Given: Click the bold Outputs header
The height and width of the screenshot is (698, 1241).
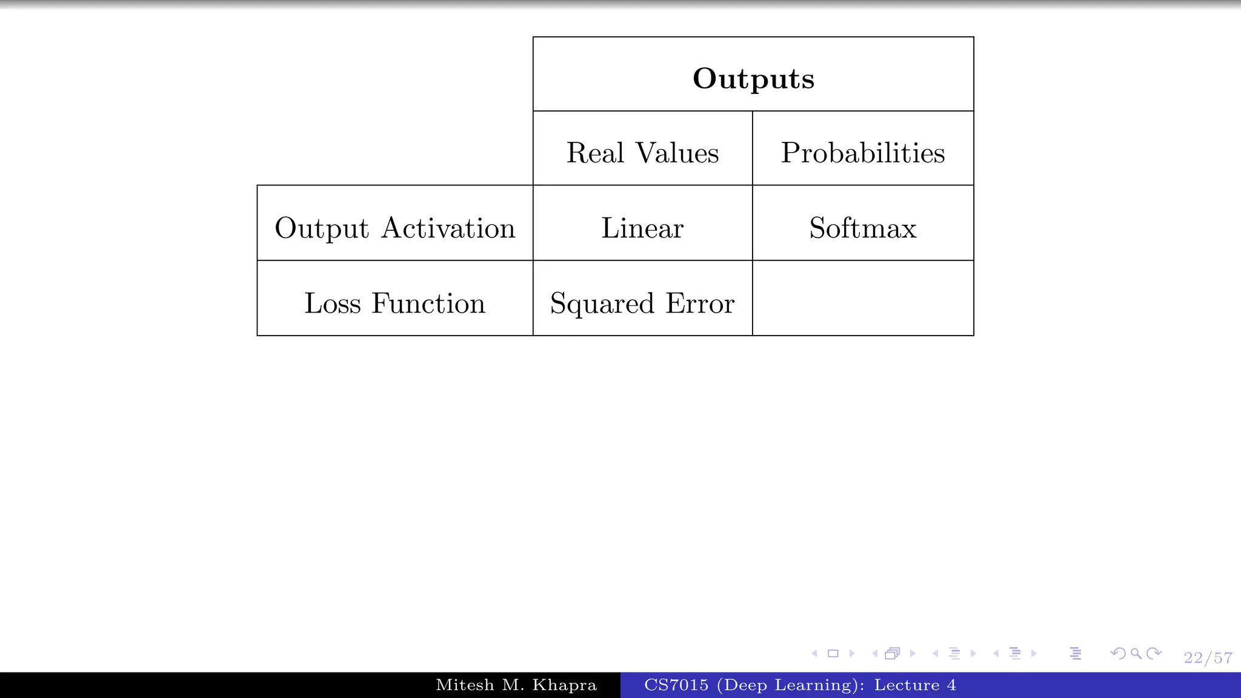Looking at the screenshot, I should pos(753,78).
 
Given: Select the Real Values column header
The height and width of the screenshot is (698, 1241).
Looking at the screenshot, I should pos(642,153).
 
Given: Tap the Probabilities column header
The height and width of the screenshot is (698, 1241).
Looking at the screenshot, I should pos(862,153).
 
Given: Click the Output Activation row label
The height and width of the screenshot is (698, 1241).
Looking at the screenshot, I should pos(394,228).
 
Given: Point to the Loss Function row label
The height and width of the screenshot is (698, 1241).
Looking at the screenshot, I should pos(394,303).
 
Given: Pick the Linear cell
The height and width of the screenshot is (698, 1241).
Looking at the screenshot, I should pos(642,228).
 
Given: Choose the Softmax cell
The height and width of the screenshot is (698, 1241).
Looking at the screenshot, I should pos(862,228).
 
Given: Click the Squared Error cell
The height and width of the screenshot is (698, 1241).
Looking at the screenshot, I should pos(642,303).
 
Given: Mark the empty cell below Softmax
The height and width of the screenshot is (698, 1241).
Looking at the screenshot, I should pos(862,298).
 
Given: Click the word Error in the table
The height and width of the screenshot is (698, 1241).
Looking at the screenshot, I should pos(700,303).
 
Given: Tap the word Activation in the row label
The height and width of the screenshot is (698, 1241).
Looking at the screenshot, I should pos(448,228).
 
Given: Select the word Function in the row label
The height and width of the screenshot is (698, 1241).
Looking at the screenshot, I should pos(428,303).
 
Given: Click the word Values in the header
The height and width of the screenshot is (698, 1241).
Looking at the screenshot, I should pos(677,153).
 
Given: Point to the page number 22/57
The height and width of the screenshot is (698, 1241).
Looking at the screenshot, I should pos(1208,658).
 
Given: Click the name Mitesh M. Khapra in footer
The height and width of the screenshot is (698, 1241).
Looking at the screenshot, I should pos(516,685).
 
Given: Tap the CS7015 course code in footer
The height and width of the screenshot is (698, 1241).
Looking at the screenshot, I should pos(676,685).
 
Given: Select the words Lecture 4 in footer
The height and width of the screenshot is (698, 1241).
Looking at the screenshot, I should pos(915,685).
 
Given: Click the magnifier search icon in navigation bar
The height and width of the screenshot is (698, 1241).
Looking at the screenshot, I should pos(1136,653).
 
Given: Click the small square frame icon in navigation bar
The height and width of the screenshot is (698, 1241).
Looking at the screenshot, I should pos(833,653).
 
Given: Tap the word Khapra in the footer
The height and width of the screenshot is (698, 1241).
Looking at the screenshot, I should pos(565,685).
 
